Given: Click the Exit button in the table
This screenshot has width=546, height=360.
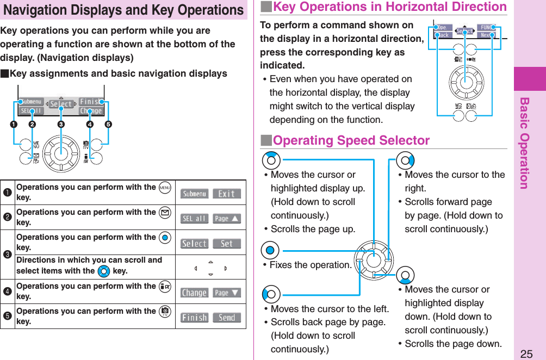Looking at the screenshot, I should pos(226,194).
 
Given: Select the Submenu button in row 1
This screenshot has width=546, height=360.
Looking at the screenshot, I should pos(194,194).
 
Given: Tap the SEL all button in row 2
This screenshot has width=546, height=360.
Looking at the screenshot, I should pos(194,219).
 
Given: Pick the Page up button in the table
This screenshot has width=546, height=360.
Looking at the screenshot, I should pos(226,219).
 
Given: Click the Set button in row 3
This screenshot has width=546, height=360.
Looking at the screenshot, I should pos(226,244).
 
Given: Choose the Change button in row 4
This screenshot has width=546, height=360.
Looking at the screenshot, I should pos(194,293).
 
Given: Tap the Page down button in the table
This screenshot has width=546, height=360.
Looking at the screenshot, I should pos(226,293).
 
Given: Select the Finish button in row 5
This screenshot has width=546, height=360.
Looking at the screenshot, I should pos(194,318).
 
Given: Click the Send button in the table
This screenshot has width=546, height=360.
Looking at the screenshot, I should pos(226,318).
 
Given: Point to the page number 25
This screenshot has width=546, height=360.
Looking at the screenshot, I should pos(526,354).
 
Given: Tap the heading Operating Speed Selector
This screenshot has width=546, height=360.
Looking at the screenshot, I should pos(351,140).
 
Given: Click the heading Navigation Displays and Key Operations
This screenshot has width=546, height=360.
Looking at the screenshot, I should pos(123,10).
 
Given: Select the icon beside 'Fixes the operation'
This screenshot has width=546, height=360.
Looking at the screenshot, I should pos(270,251).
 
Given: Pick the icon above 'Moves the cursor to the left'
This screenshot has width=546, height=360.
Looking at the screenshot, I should pos(271,294).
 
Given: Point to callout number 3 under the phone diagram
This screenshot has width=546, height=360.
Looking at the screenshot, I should pos(61,124).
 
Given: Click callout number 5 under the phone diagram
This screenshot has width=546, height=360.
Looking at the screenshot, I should pos(109,124).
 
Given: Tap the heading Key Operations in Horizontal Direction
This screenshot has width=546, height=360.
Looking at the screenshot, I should pos(389,7).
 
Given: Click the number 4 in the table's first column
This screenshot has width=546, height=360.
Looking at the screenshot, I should pos(8,291).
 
